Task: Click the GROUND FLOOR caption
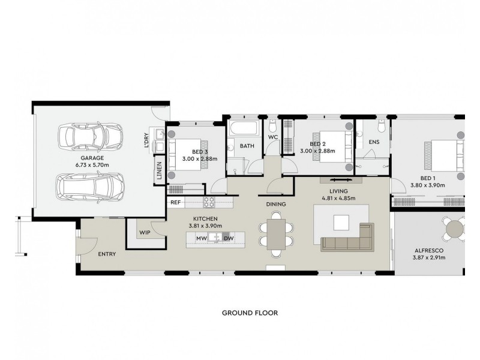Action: (x=250, y=313)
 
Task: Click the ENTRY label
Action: (x=106, y=254)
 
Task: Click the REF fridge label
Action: (x=176, y=203)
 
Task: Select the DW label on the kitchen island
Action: (x=228, y=239)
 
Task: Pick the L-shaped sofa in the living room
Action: (x=348, y=239)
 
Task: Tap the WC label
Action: (x=273, y=137)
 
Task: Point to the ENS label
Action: (x=374, y=142)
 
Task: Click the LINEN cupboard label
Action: (x=158, y=171)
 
